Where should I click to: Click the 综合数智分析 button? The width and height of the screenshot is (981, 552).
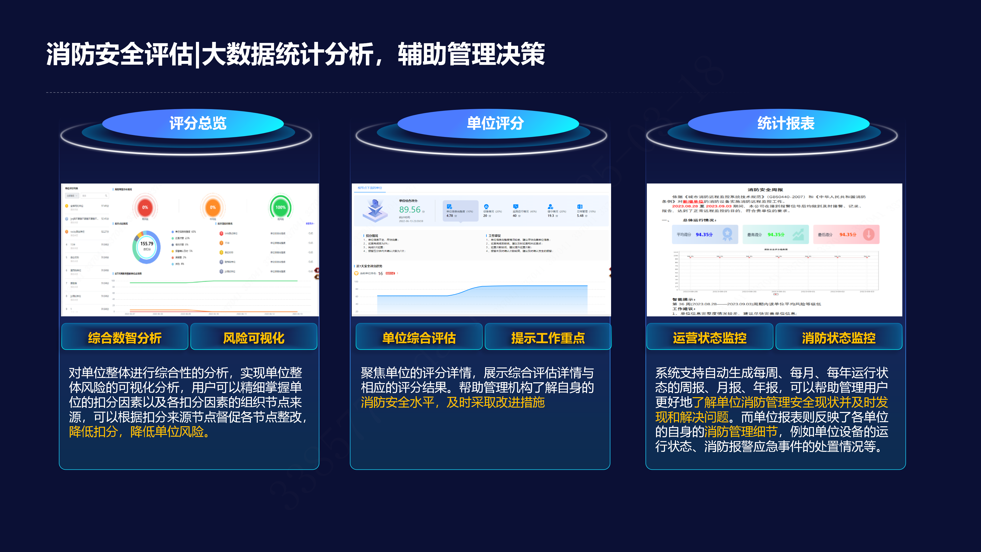[x=125, y=338]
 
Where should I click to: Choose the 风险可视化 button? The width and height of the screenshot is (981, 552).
[x=254, y=338]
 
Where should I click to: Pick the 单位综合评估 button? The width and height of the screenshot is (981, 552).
[x=419, y=338]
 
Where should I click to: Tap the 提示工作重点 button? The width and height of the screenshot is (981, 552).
[x=548, y=338]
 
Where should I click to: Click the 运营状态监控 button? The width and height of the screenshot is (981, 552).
[x=709, y=338]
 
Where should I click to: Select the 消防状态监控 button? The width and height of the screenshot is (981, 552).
[x=838, y=338]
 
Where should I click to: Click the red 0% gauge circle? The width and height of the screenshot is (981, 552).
[x=145, y=208]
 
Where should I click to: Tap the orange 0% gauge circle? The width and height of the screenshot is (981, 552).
[x=213, y=208]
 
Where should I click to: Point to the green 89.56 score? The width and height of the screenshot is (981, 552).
[x=410, y=210]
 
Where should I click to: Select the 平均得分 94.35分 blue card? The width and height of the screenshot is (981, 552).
[x=705, y=234]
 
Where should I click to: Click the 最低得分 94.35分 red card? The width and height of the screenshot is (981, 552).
[x=846, y=234]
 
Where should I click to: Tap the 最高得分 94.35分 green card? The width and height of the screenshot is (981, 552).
[x=775, y=234]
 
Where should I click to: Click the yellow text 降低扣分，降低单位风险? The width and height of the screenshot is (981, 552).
[x=139, y=432]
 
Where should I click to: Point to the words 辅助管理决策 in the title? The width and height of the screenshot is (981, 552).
[x=471, y=54]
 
